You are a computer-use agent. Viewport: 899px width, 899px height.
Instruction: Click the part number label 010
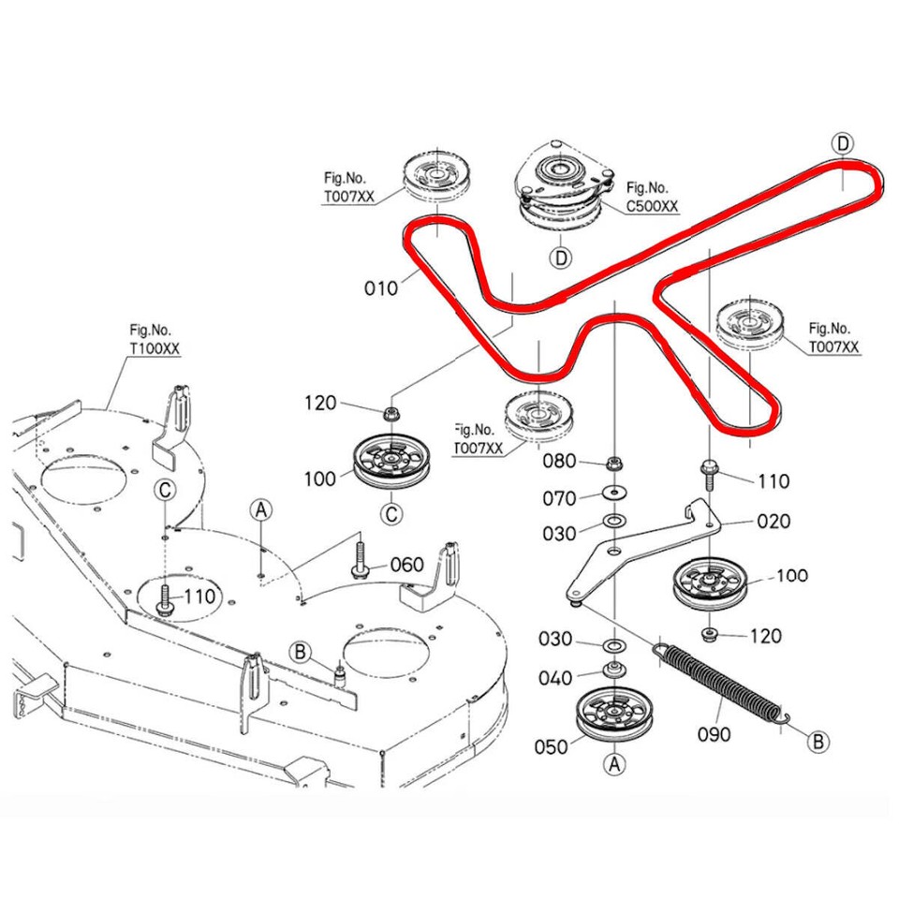click(381, 288)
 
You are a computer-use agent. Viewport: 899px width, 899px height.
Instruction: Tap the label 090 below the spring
click(714, 735)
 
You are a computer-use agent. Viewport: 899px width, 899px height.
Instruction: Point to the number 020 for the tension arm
click(773, 522)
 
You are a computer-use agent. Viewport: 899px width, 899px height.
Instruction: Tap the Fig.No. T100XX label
click(155, 338)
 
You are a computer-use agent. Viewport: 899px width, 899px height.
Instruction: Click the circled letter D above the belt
click(843, 144)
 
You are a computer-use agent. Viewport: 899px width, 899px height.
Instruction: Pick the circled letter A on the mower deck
click(261, 508)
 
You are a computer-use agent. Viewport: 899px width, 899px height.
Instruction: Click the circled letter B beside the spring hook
click(818, 742)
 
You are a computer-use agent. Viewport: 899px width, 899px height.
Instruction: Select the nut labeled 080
click(614, 463)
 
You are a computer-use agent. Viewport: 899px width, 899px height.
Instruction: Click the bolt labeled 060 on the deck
click(360, 559)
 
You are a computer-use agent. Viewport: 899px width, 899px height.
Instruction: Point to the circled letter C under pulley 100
click(392, 513)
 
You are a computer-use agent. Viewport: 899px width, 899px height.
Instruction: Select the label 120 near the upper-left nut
click(321, 404)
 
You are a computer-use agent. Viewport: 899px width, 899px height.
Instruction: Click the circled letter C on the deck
click(165, 489)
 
